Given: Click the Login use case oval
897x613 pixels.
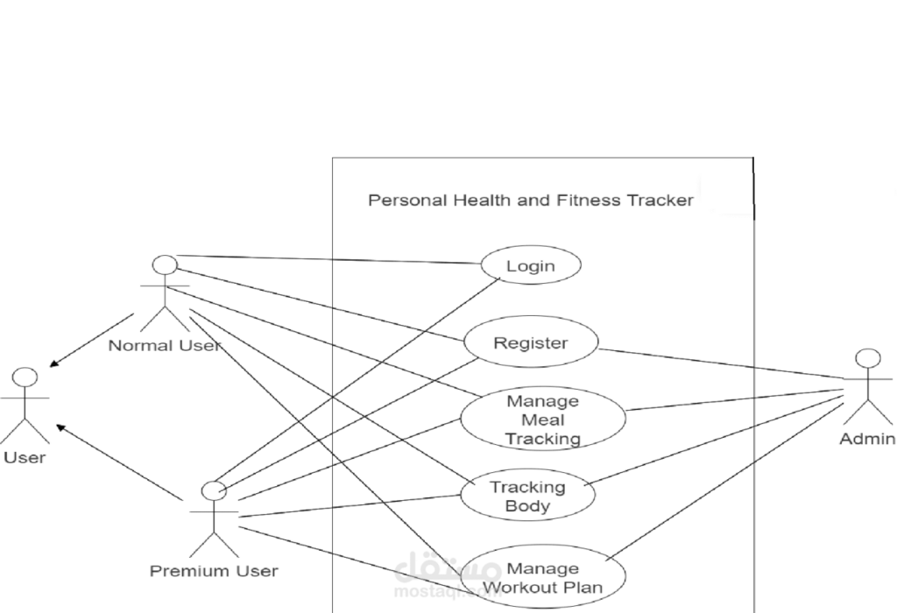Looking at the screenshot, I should point(531,265).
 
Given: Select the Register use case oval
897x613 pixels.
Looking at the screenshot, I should point(531,343).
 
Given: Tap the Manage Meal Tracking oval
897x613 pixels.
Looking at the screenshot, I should point(543,419).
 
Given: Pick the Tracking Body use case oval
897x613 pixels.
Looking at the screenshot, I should point(527,496).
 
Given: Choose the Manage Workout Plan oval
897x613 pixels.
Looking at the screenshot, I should point(543,578).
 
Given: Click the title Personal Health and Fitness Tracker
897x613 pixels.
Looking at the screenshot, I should point(530,201).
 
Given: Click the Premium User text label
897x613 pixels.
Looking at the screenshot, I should point(214,571).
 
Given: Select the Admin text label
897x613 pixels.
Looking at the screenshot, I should point(866,438).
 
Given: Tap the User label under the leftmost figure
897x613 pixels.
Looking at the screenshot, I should point(25,457).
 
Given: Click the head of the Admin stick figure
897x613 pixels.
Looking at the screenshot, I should point(867,358).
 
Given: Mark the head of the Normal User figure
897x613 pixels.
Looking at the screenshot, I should point(165,265).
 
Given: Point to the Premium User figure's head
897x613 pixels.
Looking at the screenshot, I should point(214,490).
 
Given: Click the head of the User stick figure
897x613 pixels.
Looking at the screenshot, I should point(25,378).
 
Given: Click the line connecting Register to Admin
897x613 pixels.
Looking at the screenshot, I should point(718,364).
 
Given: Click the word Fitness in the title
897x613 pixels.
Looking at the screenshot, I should point(589,201).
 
